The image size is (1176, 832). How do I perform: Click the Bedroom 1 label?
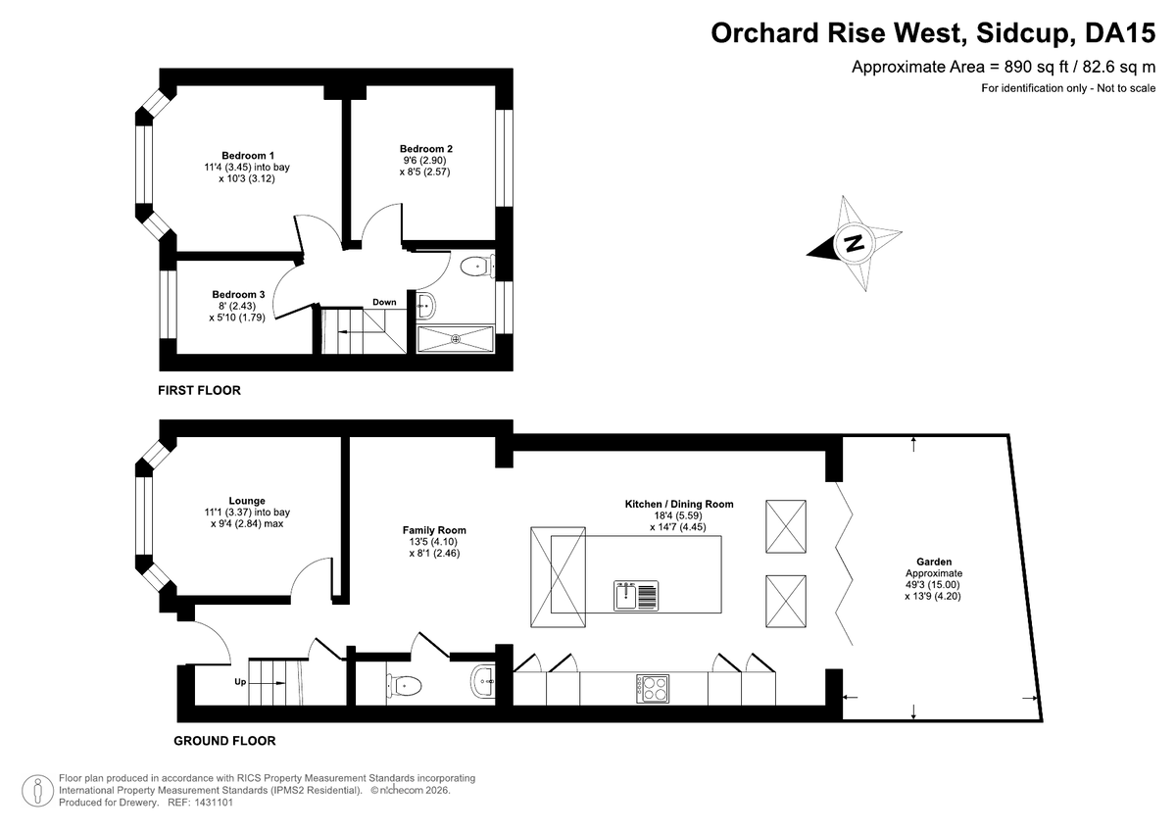point(248,156)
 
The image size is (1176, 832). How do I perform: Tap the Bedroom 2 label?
point(425,149)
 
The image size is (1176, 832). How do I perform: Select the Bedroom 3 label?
point(238,294)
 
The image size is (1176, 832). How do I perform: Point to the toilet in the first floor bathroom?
point(477,267)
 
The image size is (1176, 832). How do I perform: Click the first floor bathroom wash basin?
point(425,305)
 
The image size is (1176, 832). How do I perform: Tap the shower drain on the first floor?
point(455,339)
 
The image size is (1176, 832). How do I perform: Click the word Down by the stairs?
point(384,302)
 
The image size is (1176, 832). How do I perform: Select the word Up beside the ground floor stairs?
point(240,682)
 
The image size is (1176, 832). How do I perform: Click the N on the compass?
point(855,244)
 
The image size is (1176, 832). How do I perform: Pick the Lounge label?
point(247,501)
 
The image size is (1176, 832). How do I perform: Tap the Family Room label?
point(434,530)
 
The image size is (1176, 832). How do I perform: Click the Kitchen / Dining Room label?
point(679,504)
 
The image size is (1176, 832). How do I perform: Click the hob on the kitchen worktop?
point(653,689)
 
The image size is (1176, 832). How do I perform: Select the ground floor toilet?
point(404,685)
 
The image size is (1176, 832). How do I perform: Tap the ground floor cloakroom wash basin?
point(482,682)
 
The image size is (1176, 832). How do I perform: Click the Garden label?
point(933,562)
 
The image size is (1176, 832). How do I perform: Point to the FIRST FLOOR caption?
point(199,390)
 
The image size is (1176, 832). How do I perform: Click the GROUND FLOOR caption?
point(224,741)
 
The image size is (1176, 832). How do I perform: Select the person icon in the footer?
point(38,791)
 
